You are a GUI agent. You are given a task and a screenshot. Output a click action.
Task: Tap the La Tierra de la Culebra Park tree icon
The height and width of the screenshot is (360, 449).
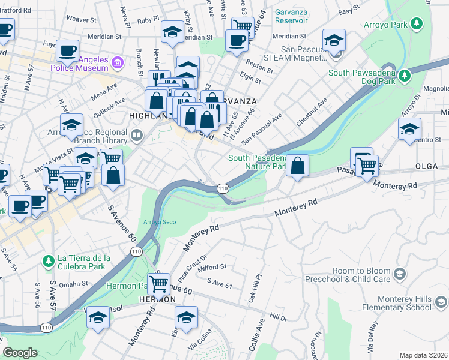click(48, 262)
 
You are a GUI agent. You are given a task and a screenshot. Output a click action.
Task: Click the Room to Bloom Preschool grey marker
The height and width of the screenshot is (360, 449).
click(399, 275)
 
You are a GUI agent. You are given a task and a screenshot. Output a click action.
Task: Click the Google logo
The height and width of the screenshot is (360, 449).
click(20, 353)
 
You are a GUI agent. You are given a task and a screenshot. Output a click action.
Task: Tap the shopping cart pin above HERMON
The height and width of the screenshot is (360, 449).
click(158, 283)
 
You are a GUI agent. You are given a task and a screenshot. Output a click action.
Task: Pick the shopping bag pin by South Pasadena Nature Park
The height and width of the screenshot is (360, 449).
click(297, 165)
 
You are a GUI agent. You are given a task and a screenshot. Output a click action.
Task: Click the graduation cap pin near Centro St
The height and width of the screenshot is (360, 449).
click(409, 129)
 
